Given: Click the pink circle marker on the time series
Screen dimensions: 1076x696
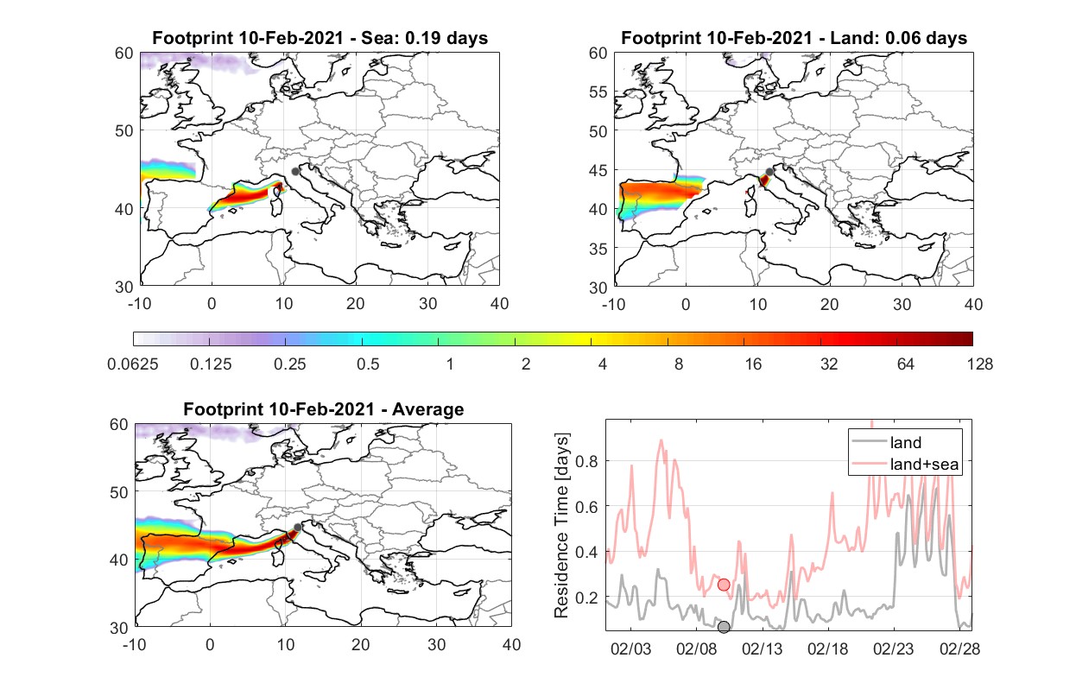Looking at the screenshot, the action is coord(724,585).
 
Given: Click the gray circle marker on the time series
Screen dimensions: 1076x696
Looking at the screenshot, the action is coord(724,627).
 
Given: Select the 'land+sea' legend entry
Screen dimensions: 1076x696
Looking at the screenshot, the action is coord(905,464).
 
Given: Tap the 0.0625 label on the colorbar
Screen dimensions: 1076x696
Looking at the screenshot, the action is coord(133,364).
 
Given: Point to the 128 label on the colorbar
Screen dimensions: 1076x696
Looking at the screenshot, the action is coord(980,364).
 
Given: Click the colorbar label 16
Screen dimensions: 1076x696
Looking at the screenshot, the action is coord(753,364).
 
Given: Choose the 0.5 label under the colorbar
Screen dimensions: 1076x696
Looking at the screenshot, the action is coord(368,364).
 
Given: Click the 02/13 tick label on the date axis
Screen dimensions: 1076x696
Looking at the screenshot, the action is coord(763,649).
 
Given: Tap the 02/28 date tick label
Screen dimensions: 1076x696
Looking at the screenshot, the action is coord(959,649).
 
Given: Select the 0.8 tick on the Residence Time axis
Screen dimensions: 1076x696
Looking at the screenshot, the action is coord(586,461).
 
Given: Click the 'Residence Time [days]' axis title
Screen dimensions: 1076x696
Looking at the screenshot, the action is coord(561,526).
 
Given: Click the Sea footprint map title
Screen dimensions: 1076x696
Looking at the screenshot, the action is coord(320,38).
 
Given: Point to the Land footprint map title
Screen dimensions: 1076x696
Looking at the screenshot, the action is coord(794,38).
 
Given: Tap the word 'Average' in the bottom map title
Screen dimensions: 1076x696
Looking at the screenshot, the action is coord(428,409).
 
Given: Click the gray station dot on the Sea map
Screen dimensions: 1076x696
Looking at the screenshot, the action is coord(295,172).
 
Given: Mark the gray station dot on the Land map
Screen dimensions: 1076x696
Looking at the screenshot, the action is coord(769,172).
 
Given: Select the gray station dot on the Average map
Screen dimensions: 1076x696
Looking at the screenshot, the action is coord(298,528).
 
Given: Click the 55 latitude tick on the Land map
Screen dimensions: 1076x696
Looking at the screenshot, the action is coord(598,92).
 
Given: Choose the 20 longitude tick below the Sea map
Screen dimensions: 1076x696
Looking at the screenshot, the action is coord(356,304).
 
